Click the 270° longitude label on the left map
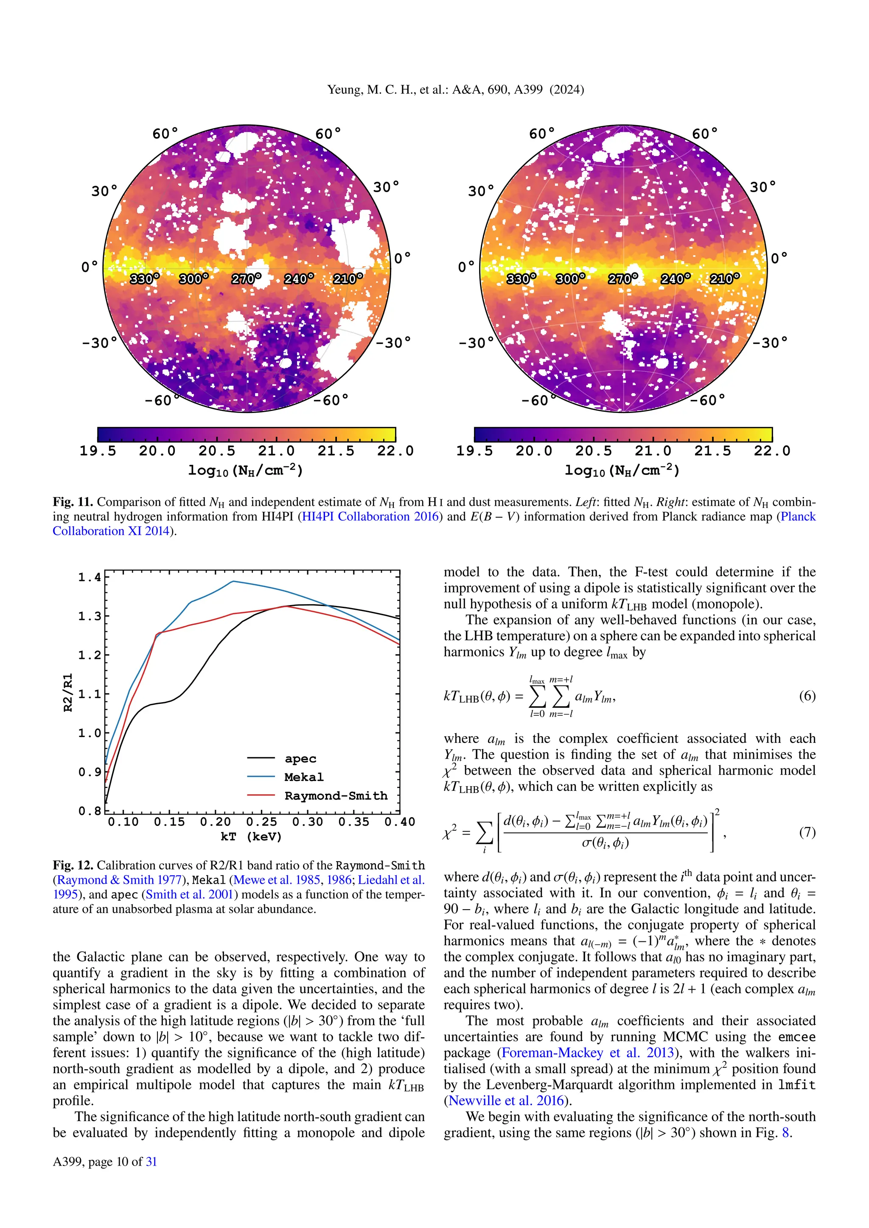[x=246, y=279]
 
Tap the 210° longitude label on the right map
[x=725, y=279]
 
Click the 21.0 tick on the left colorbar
[x=276, y=451]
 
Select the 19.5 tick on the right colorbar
[x=474, y=451]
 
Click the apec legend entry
[x=300, y=759]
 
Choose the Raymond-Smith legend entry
[x=336, y=795]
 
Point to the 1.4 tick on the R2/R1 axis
[x=90, y=577]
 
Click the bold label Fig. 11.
[x=73, y=502]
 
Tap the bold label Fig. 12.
[x=73, y=865]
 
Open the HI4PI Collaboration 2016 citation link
[x=370, y=516]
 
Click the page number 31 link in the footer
[x=151, y=1162]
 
